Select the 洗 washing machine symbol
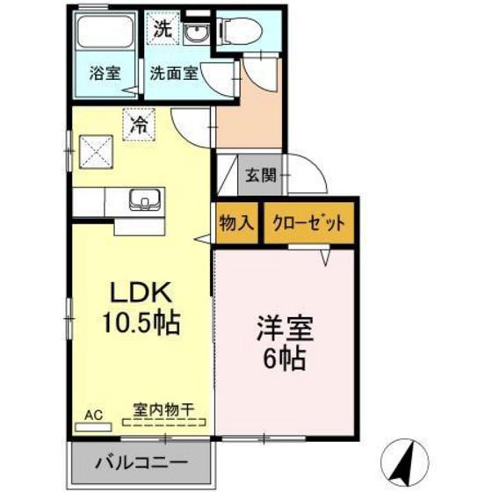164,28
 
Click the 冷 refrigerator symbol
139,123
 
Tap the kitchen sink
141,200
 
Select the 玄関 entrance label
260,173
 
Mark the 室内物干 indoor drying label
164,409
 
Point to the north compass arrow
408,459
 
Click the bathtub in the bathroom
104,36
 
